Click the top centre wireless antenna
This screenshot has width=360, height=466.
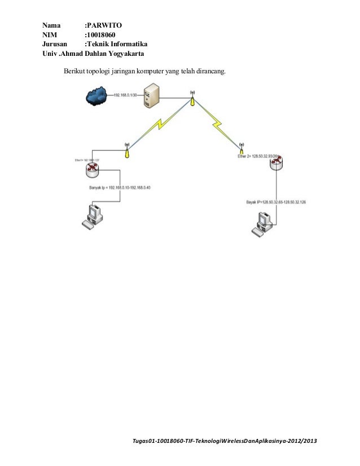point(192,98)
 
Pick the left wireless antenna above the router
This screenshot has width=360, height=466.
point(126,150)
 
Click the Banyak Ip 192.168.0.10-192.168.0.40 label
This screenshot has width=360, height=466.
point(120,187)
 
